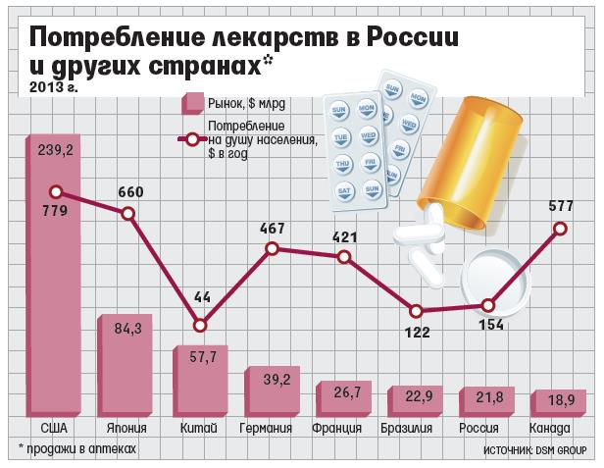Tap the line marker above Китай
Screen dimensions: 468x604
pos(200,325)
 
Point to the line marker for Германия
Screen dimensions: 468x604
pos(273,249)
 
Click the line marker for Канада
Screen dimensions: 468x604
pos(560,228)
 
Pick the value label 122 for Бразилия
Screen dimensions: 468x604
pos(418,332)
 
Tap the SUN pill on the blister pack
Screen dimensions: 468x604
pos(342,108)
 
